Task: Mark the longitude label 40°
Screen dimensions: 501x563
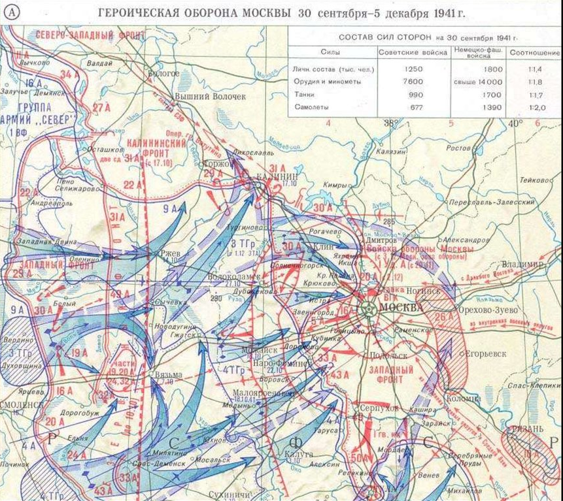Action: click(516, 122)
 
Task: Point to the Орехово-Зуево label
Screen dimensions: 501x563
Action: click(488, 309)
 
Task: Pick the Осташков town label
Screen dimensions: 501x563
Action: click(105, 150)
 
